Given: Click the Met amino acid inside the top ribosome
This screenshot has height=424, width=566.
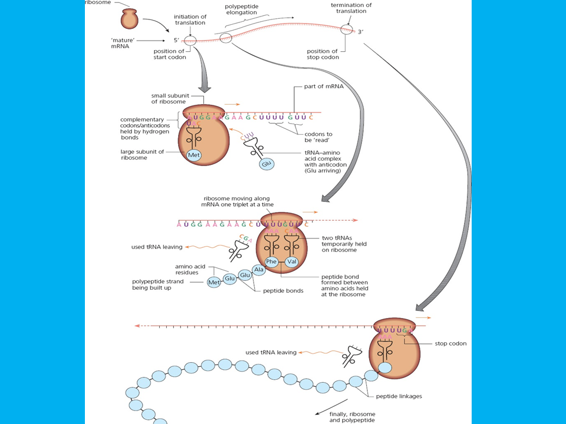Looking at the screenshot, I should coord(194,155).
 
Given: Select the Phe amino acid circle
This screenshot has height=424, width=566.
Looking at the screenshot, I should coord(271,261).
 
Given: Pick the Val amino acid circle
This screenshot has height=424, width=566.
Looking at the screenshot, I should coord(292,261).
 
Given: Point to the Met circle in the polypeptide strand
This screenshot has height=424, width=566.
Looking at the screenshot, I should coord(213,283).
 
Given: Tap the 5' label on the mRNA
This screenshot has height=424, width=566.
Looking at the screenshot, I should coord(176,41).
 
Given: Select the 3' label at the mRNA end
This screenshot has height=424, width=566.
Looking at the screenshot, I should coord(361,31).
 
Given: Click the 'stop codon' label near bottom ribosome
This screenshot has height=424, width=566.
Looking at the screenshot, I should coord(450,343).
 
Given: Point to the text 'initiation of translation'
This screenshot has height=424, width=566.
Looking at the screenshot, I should coord(189,19).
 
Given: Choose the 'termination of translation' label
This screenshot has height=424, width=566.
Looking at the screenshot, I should coord(351,9).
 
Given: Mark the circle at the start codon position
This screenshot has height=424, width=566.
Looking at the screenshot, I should coord(190,41).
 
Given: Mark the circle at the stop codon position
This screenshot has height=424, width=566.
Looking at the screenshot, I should coord(346,29).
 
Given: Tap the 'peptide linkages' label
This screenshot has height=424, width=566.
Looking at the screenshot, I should coord(402,396).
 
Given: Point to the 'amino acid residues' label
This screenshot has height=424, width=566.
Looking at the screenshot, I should coord(193,270).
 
